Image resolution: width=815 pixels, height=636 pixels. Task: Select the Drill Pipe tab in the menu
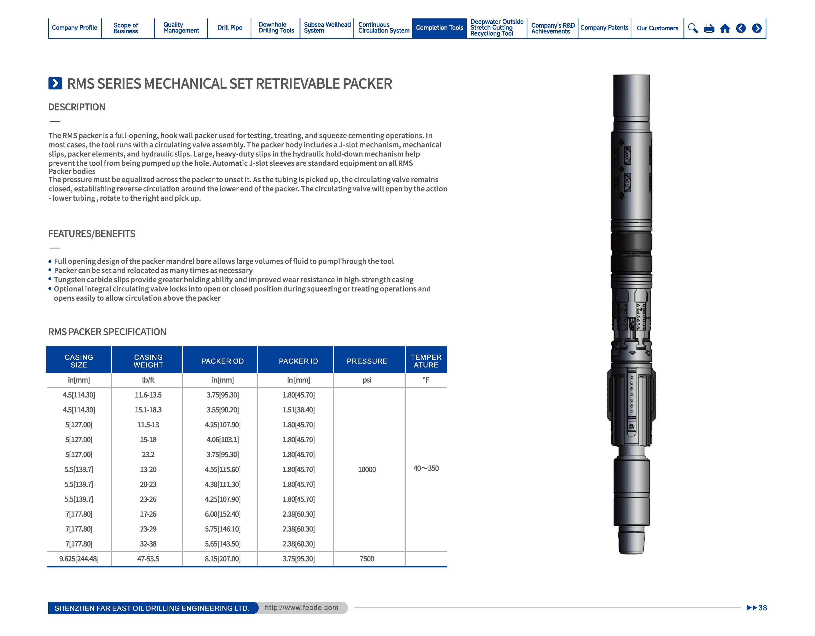(230, 28)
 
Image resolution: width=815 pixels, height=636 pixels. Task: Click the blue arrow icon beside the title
(55, 83)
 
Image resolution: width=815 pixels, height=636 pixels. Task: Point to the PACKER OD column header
(222, 361)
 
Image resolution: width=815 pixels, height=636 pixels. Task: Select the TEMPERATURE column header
(426, 361)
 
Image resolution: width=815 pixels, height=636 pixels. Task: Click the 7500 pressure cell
(367, 559)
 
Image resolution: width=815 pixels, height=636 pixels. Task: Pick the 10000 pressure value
(367, 469)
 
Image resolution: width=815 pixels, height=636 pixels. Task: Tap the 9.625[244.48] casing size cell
(79, 559)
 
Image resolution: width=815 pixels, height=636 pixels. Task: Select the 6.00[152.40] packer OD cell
(222, 514)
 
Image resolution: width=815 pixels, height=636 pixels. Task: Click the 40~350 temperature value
(426, 468)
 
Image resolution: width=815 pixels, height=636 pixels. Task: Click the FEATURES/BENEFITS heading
(92, 234)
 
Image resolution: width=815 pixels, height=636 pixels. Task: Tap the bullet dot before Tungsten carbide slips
(50, 280)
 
